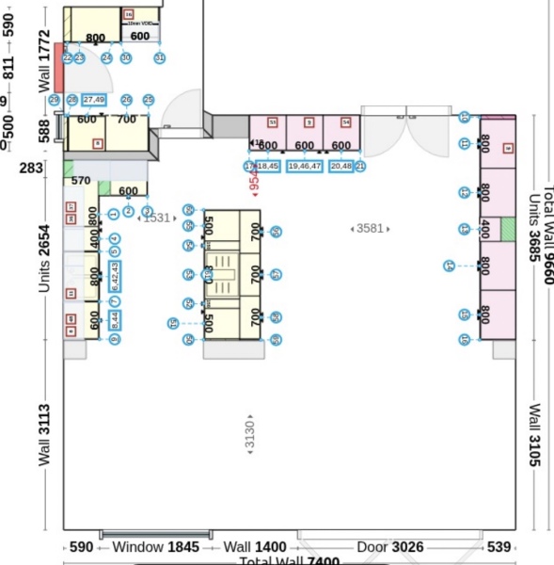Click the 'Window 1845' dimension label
155,547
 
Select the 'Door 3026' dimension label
388,547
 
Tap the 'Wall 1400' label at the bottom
254,547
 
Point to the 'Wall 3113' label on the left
43,435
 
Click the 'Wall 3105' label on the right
534,435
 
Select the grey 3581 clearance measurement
369,229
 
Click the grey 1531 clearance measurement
156,218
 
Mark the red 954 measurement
253,184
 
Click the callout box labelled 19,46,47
305,166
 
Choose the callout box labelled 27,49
94,99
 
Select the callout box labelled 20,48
341,166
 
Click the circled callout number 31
160,58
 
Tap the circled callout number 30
126,58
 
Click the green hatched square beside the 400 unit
509,229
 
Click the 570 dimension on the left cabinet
81,181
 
